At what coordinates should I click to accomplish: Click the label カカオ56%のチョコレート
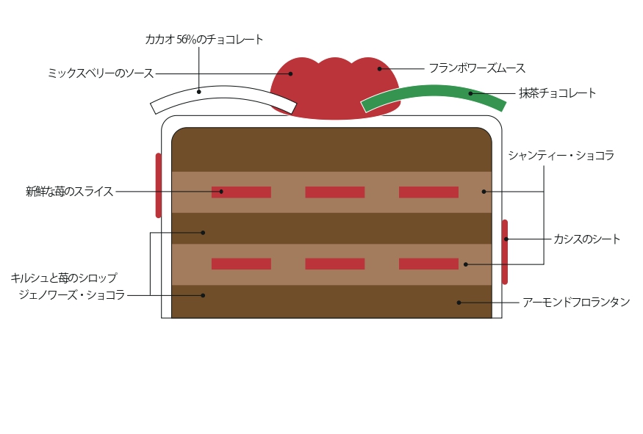(204, 40)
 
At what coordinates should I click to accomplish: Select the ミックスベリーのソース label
(100, 73)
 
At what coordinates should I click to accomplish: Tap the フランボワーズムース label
(477, 68)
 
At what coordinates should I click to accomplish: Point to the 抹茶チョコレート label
(557, 93)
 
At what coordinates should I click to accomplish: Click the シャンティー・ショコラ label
(561, 156)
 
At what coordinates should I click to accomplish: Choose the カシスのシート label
(586, 239)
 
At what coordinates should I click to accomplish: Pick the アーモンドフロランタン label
(575, 302)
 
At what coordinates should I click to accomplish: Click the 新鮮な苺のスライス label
(70, 192)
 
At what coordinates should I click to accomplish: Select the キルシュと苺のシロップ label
(64, 278)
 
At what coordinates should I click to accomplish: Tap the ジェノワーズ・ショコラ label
(72, 295)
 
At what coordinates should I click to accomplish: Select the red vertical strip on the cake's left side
(159, 185)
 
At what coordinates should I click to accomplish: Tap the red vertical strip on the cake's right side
(505, 252)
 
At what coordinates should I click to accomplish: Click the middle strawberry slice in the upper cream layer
(334, 192)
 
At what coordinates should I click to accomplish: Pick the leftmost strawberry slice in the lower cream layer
(241, 264)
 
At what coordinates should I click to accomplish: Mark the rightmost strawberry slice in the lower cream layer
(428, 264)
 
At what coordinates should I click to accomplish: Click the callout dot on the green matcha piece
(470, 93)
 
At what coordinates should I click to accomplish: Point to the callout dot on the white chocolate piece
(198, 92)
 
